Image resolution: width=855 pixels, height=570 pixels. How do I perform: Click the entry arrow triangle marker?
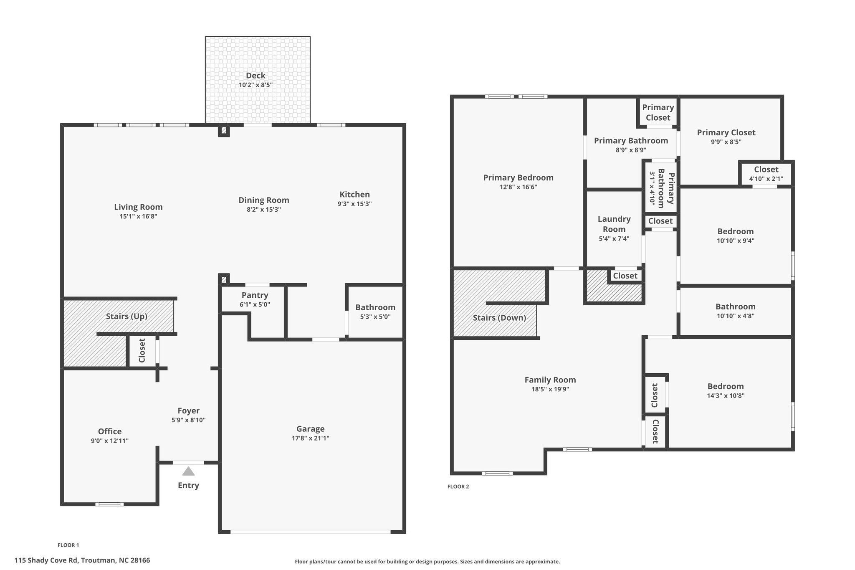point(188,471)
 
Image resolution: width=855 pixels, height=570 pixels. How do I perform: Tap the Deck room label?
point(255,76)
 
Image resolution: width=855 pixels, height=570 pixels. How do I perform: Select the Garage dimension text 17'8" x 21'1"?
point(310,438)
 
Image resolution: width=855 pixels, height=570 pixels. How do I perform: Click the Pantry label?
point(255,295)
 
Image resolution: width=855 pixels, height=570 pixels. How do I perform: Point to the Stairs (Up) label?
point(126,316)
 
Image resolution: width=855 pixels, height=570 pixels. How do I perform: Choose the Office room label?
point(110,431)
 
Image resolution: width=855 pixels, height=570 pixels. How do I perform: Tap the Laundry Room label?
point(614,224)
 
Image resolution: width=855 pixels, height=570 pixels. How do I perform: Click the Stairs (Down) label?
point(499,318)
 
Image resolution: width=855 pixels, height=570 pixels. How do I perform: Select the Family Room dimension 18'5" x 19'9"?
point(550,389)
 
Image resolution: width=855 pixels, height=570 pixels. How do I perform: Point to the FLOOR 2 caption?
point(458,486)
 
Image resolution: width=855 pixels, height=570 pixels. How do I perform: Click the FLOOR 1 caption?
point(68,545)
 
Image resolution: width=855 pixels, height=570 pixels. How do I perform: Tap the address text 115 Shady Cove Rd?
point(46,560)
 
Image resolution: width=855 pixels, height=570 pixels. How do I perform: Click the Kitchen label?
point(354,194)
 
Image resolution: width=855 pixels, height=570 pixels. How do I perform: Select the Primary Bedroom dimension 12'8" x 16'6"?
point(518,187)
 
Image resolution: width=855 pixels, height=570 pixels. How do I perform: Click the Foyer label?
point(188,410)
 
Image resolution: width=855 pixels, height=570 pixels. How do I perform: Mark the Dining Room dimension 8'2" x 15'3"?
point(263,210)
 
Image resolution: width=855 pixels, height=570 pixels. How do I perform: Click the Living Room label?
point(138,207)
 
